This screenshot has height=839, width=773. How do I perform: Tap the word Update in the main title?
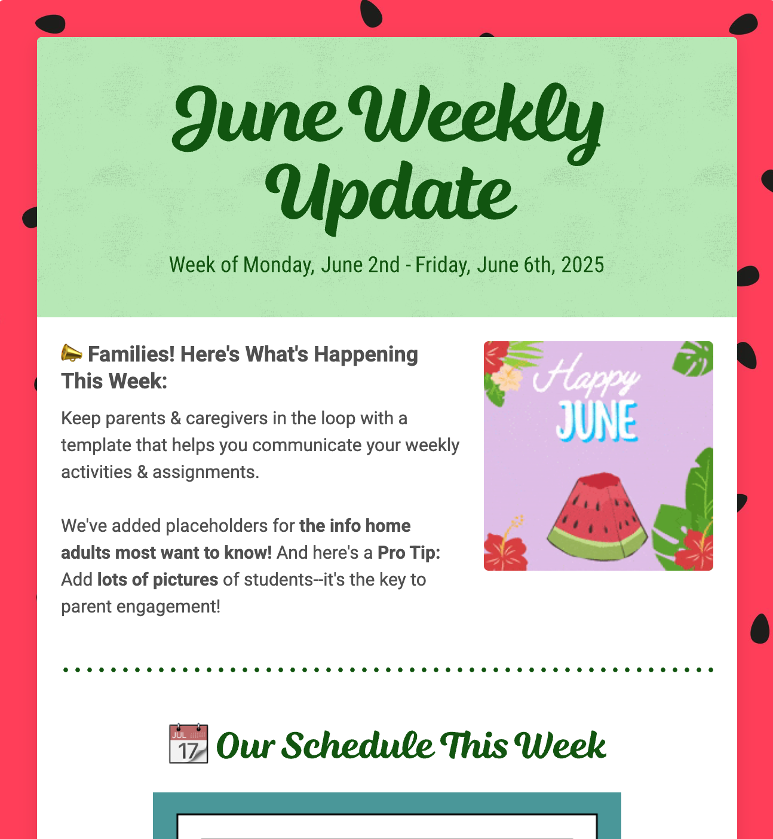(x=391, y=194)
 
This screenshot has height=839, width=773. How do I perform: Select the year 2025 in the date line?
(x=582, y=265)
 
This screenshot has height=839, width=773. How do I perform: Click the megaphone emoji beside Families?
(x=72, y=353)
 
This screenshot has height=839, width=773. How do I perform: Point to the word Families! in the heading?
(x=131, y=354)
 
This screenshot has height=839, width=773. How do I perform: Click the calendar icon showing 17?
(x=188, y=744)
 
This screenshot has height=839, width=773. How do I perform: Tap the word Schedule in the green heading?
(x=357, y=746)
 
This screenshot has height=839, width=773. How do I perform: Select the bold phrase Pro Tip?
(x=409, y=553)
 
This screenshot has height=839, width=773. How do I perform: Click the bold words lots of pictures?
(x=158, y=580)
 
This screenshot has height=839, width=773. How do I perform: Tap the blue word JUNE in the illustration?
(x=596, y=421)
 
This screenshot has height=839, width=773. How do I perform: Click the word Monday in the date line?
(x=278, y=265)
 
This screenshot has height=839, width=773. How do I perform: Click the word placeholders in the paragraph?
(x=216, y=526)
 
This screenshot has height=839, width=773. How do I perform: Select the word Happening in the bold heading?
(x=366, y=354)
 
